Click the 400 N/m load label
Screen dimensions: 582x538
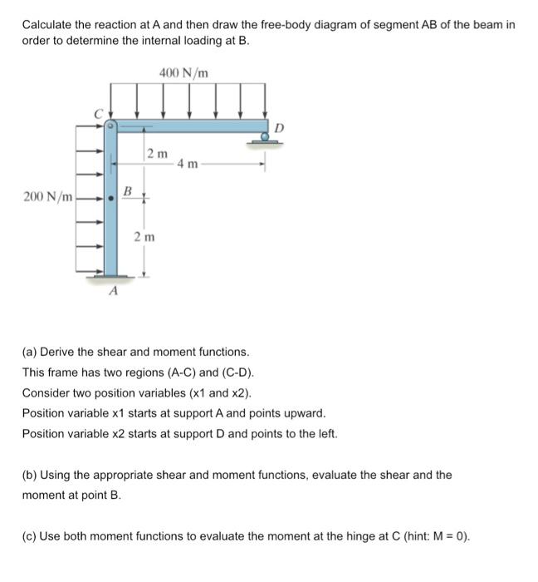click(184, 75)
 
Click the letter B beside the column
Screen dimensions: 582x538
click(127, 192)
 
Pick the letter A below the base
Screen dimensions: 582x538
click(113, 292)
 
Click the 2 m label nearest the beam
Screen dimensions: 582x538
click(157, 153)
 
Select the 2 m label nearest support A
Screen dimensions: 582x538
click(144, 237)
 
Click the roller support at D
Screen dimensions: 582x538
click(265, 140)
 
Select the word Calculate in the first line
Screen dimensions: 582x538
click(47, 25)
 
